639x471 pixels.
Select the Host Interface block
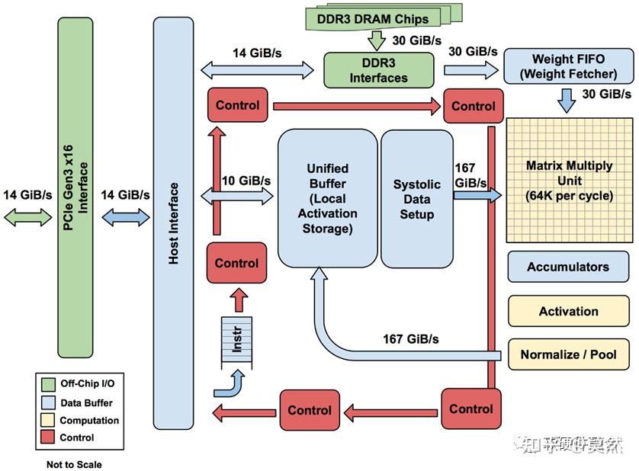[x=174, y=223]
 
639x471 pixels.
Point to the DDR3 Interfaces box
[x=378, y=69]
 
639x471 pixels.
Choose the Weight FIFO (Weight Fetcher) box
[x=568, y=66]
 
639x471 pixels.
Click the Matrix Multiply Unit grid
[x=569, y=180]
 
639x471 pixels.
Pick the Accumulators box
[x=568, y=267]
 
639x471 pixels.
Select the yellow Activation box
[x=568, y=311]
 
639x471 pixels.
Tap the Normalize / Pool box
[x=568, y=354]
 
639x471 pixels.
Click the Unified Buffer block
[x=327, y=198]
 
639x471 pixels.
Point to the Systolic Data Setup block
[x=416, y=198]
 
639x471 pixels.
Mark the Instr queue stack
[x=236, y=341]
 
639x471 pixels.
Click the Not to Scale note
[x=73, y=464]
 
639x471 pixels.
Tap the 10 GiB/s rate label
[x=246, y=181]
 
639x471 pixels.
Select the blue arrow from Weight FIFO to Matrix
[x=567, y=100]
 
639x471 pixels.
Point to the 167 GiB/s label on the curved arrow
[x=410, y=338]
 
